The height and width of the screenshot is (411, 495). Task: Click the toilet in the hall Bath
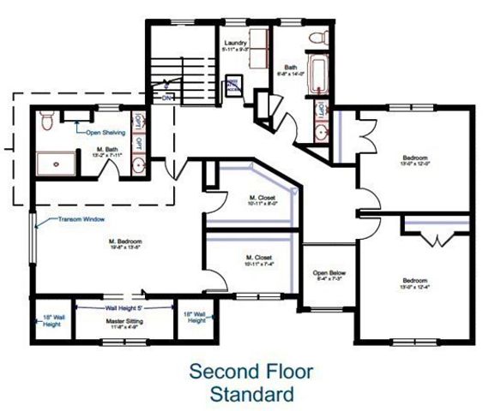tap(320, 38)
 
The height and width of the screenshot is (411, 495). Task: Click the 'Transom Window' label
tap(81, 219)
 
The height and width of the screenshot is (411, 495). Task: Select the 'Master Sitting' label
tap(124, 321)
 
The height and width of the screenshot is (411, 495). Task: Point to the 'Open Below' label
tap(326, 274)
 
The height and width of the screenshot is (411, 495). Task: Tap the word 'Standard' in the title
tap(251, 394)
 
